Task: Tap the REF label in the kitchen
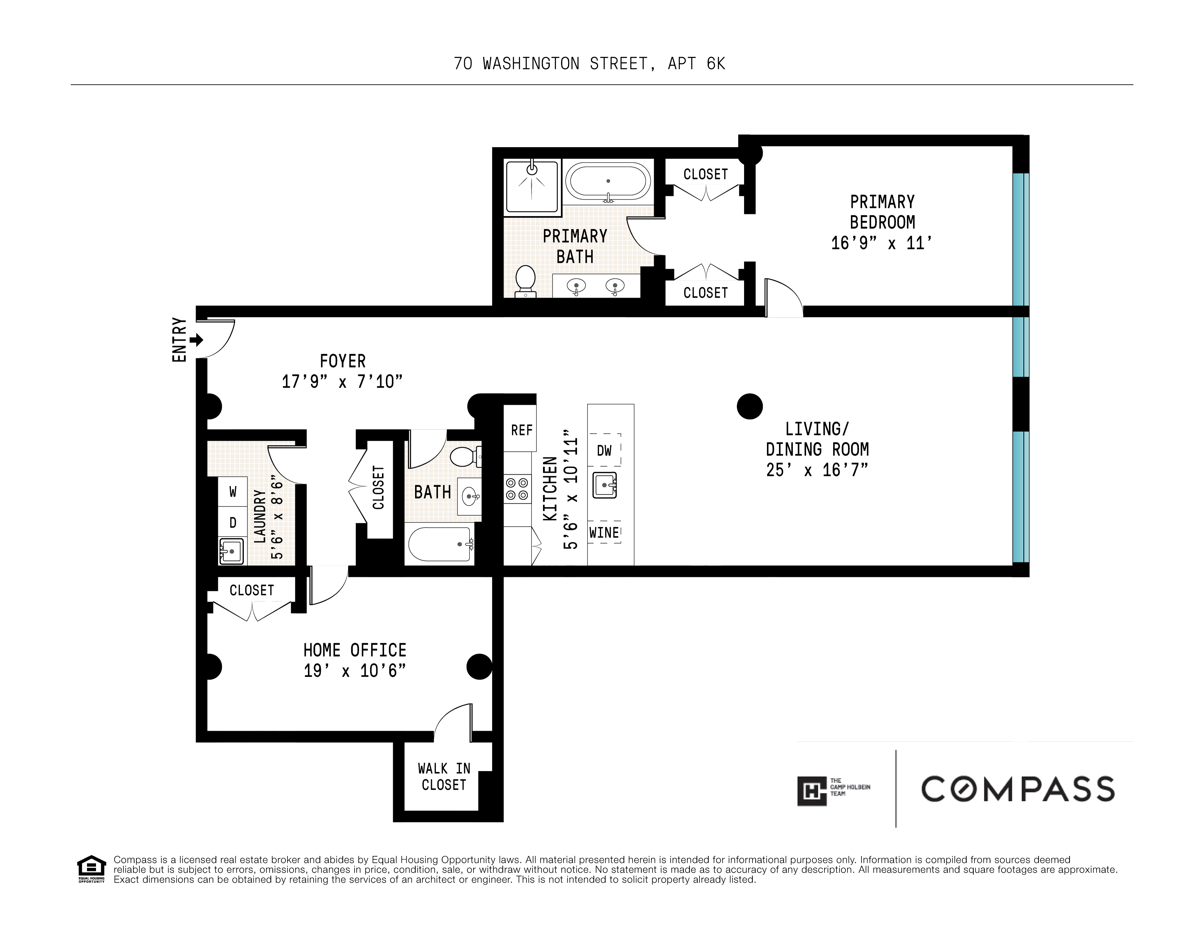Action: (522, 430)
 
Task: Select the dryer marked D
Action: (233, 522)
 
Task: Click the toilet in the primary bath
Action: (525, 281)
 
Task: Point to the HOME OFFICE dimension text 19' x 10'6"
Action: (355, 671)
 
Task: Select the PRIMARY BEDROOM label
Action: (882, 212)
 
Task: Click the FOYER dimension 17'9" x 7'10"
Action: (342, 381)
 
